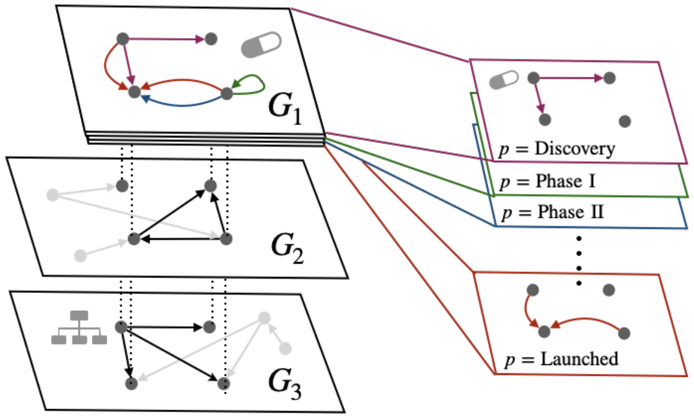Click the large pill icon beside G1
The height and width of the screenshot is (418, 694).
pyautogui.click(x=261, y=45)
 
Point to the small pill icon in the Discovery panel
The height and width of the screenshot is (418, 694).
pyautogui.click(x=504, y=80)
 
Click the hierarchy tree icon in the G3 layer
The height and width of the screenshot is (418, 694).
pyautogui.click(x=79, y=327)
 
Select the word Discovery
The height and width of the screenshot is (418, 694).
pyautogui.click(x=575, y=149)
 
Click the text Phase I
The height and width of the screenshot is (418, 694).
pyautogui.click(x=565, y=181)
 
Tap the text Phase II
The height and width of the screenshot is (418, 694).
pyautogui.click(x=571, y=212)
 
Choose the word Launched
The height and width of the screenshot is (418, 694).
pyautogui.click(x=579, y=359)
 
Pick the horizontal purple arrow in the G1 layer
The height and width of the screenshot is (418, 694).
pyautogui.click(x=166, y=39)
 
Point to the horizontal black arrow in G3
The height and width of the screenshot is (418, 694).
pyautogui.click(x=165, y=327)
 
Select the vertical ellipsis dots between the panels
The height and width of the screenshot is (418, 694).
pyautogui.click(x=579, y=261)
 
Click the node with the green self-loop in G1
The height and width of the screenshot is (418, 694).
pyautogui.click(x=227, y=93)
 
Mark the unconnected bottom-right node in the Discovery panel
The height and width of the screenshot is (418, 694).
pyautogui.click(x=624, y=121)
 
